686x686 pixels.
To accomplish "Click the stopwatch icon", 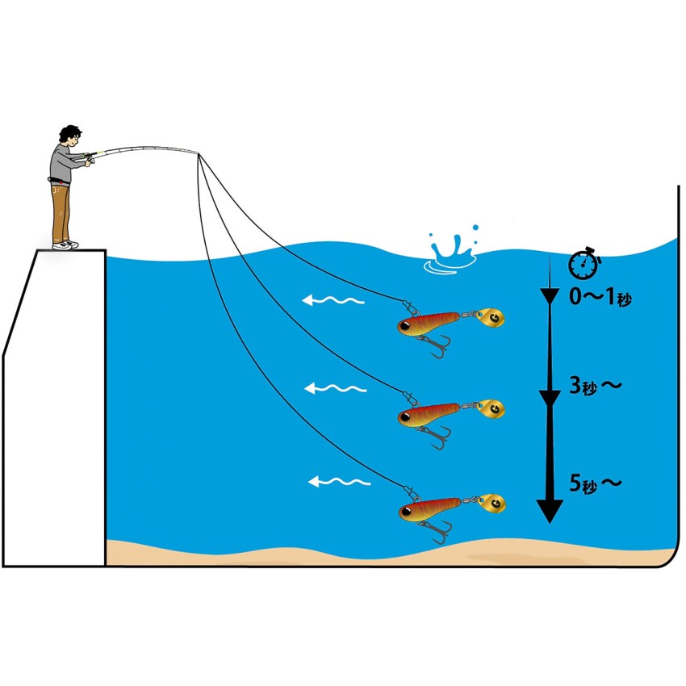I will [x=584, y=264].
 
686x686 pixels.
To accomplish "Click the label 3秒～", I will [x=596, y=387].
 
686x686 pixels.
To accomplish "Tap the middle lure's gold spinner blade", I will [x=491, y=410].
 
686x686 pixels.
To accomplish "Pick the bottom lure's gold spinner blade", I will [x=493, y=504].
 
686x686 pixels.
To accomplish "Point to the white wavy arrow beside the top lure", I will [x=333, y=301].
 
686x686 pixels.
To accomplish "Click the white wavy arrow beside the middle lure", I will [x=335, y=389].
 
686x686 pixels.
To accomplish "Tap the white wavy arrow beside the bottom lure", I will [x=339, y=483].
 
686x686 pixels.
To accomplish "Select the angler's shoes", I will [x=65, y=244].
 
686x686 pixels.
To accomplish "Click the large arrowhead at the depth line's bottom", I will [x=550, y=510].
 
